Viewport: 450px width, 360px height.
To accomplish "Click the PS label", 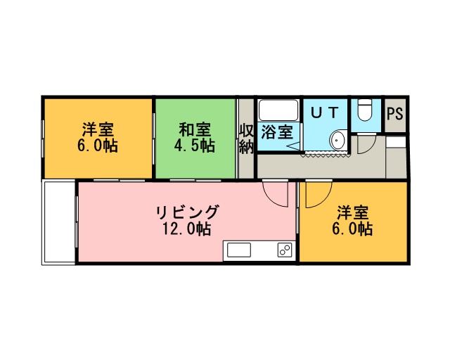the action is point(395,114).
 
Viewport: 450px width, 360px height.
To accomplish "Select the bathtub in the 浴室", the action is point(278,110).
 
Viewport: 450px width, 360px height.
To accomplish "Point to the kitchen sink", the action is point(239,250).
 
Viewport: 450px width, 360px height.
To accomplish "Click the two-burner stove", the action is point(285,250).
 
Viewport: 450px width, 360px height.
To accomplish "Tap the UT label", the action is point(325,112).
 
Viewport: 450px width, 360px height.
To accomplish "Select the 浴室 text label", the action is point(277,132).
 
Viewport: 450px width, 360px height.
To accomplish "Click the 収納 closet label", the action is point(247,139).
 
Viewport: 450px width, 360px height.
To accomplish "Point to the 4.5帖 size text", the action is point(195,146).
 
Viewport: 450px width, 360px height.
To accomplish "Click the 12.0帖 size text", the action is point(187,229).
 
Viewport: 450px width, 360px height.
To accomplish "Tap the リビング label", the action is point(187,212).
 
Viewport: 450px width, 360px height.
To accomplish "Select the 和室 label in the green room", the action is point(195,129).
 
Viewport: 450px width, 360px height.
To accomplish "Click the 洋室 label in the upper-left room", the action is point(98,129).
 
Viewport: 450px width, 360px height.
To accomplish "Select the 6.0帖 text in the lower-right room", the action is point(352,229).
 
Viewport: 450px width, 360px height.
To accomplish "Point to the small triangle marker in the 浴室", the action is point(293,146).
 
